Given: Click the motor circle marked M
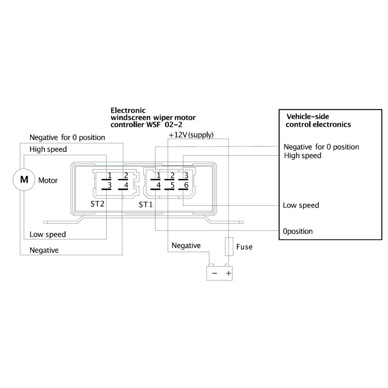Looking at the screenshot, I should click(x=24, y=180).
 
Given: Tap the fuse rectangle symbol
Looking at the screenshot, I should click(x=228, y=247).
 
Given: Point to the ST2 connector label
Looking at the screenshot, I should click(x=97, y=204).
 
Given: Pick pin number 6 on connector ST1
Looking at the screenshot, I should click(x=186, y=185).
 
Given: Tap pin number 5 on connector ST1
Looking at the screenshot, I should click(x=172, y=185).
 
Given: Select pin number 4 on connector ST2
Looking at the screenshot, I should click(x=126, y=185).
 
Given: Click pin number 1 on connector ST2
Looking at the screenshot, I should click(x=109, y=175).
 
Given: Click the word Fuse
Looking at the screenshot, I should click(x=244, y=247).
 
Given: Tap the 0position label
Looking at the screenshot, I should click(x=298, y=231).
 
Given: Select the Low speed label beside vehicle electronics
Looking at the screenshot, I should click(x=301, y=205).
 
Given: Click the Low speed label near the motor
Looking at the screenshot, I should click(x=48, y=234).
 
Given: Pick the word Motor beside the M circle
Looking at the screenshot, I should click(x=48, y=180).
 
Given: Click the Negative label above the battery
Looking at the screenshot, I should click(x=186, y=246).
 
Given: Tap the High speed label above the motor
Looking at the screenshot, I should click(x=48, y=149).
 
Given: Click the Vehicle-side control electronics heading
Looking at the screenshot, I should click(x=318, y=120).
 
